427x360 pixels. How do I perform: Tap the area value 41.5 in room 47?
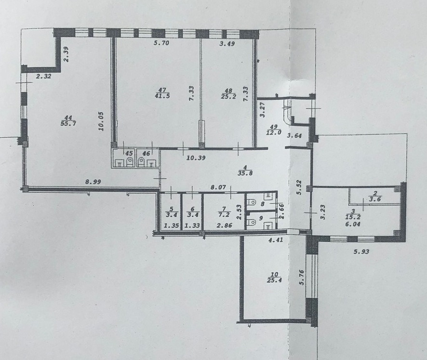(x=162, y=95)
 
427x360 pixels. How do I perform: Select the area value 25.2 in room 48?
(x=228, y=96)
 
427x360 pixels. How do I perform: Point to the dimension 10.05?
(x=101, y=121)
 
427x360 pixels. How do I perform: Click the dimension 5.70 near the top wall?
(x=161, y=43)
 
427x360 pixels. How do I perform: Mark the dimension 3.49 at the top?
(x=227, y=43)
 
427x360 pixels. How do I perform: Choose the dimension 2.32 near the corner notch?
(x=43, y=77)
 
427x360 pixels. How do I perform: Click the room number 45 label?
(x=128, y=153)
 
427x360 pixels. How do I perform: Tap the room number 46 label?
(x=146, y=154)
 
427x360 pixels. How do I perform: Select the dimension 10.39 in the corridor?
(x=196, y=158)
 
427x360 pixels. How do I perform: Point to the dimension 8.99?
(x=93, y=182)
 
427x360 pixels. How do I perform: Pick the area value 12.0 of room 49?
(x=273, y=133)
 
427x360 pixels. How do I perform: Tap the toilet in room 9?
(x=251, y=223)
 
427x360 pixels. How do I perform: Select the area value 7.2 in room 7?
(x=225, y=214)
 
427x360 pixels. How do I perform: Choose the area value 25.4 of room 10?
(x=275, y=279)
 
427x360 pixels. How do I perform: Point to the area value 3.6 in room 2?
(x=375, y=199)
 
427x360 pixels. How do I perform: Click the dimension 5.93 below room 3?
(x=361, y=252)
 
